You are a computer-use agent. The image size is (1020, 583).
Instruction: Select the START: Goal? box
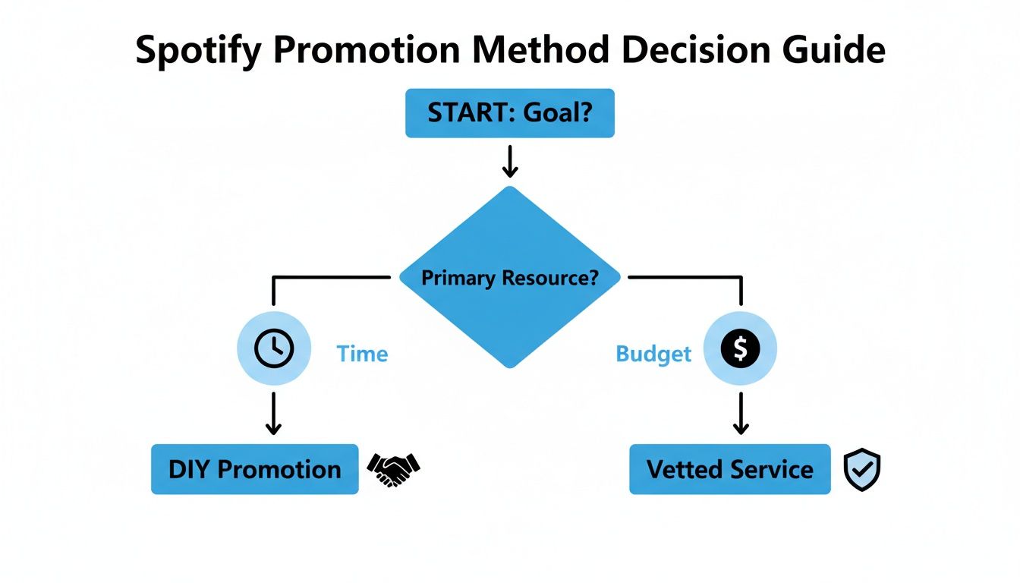509,113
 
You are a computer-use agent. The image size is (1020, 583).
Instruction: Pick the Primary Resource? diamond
509,278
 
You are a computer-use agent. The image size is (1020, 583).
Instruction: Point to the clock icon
273,348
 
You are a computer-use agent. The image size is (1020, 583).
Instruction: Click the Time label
362,354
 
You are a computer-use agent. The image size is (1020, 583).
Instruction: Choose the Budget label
653,354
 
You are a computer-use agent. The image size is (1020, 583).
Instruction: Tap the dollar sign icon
741,348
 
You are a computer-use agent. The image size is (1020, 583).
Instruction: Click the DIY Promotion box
254,469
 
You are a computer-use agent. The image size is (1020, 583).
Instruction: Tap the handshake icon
393,469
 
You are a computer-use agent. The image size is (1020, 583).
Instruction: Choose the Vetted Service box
729,469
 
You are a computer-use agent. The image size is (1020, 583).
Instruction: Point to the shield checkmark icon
862,470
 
